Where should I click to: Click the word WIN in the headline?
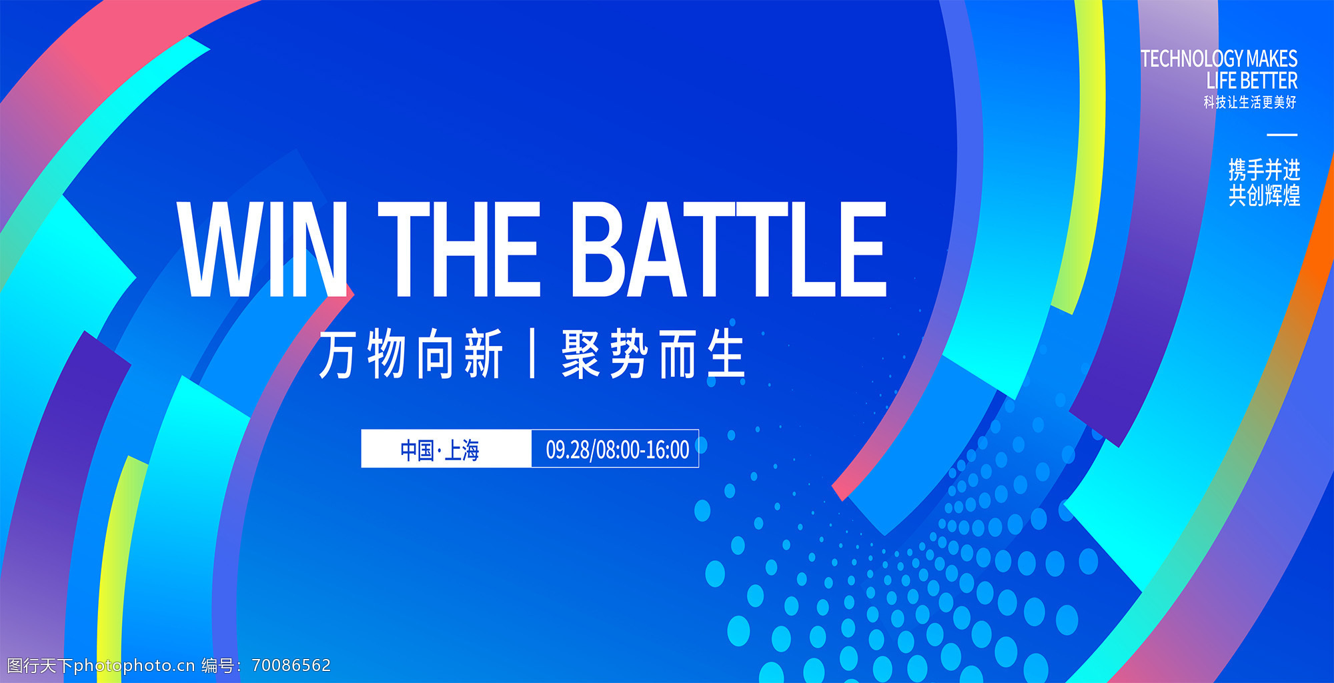click(262, 249)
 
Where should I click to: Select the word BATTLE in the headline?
click(729, 249)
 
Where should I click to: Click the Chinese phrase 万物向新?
click(411, 354)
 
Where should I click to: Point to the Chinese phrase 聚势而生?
click(653, 354)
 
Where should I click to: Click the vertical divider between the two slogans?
click(532, 354)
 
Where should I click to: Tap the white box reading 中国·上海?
click(446, 449)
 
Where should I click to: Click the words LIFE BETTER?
click(1252, 81)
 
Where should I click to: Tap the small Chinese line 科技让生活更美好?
click(1250, 102)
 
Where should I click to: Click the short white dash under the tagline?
click(1282, 135)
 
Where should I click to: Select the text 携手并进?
click(1265, 170)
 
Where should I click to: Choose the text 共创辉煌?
click(1265, 195)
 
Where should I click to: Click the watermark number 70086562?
click(291, 666)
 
